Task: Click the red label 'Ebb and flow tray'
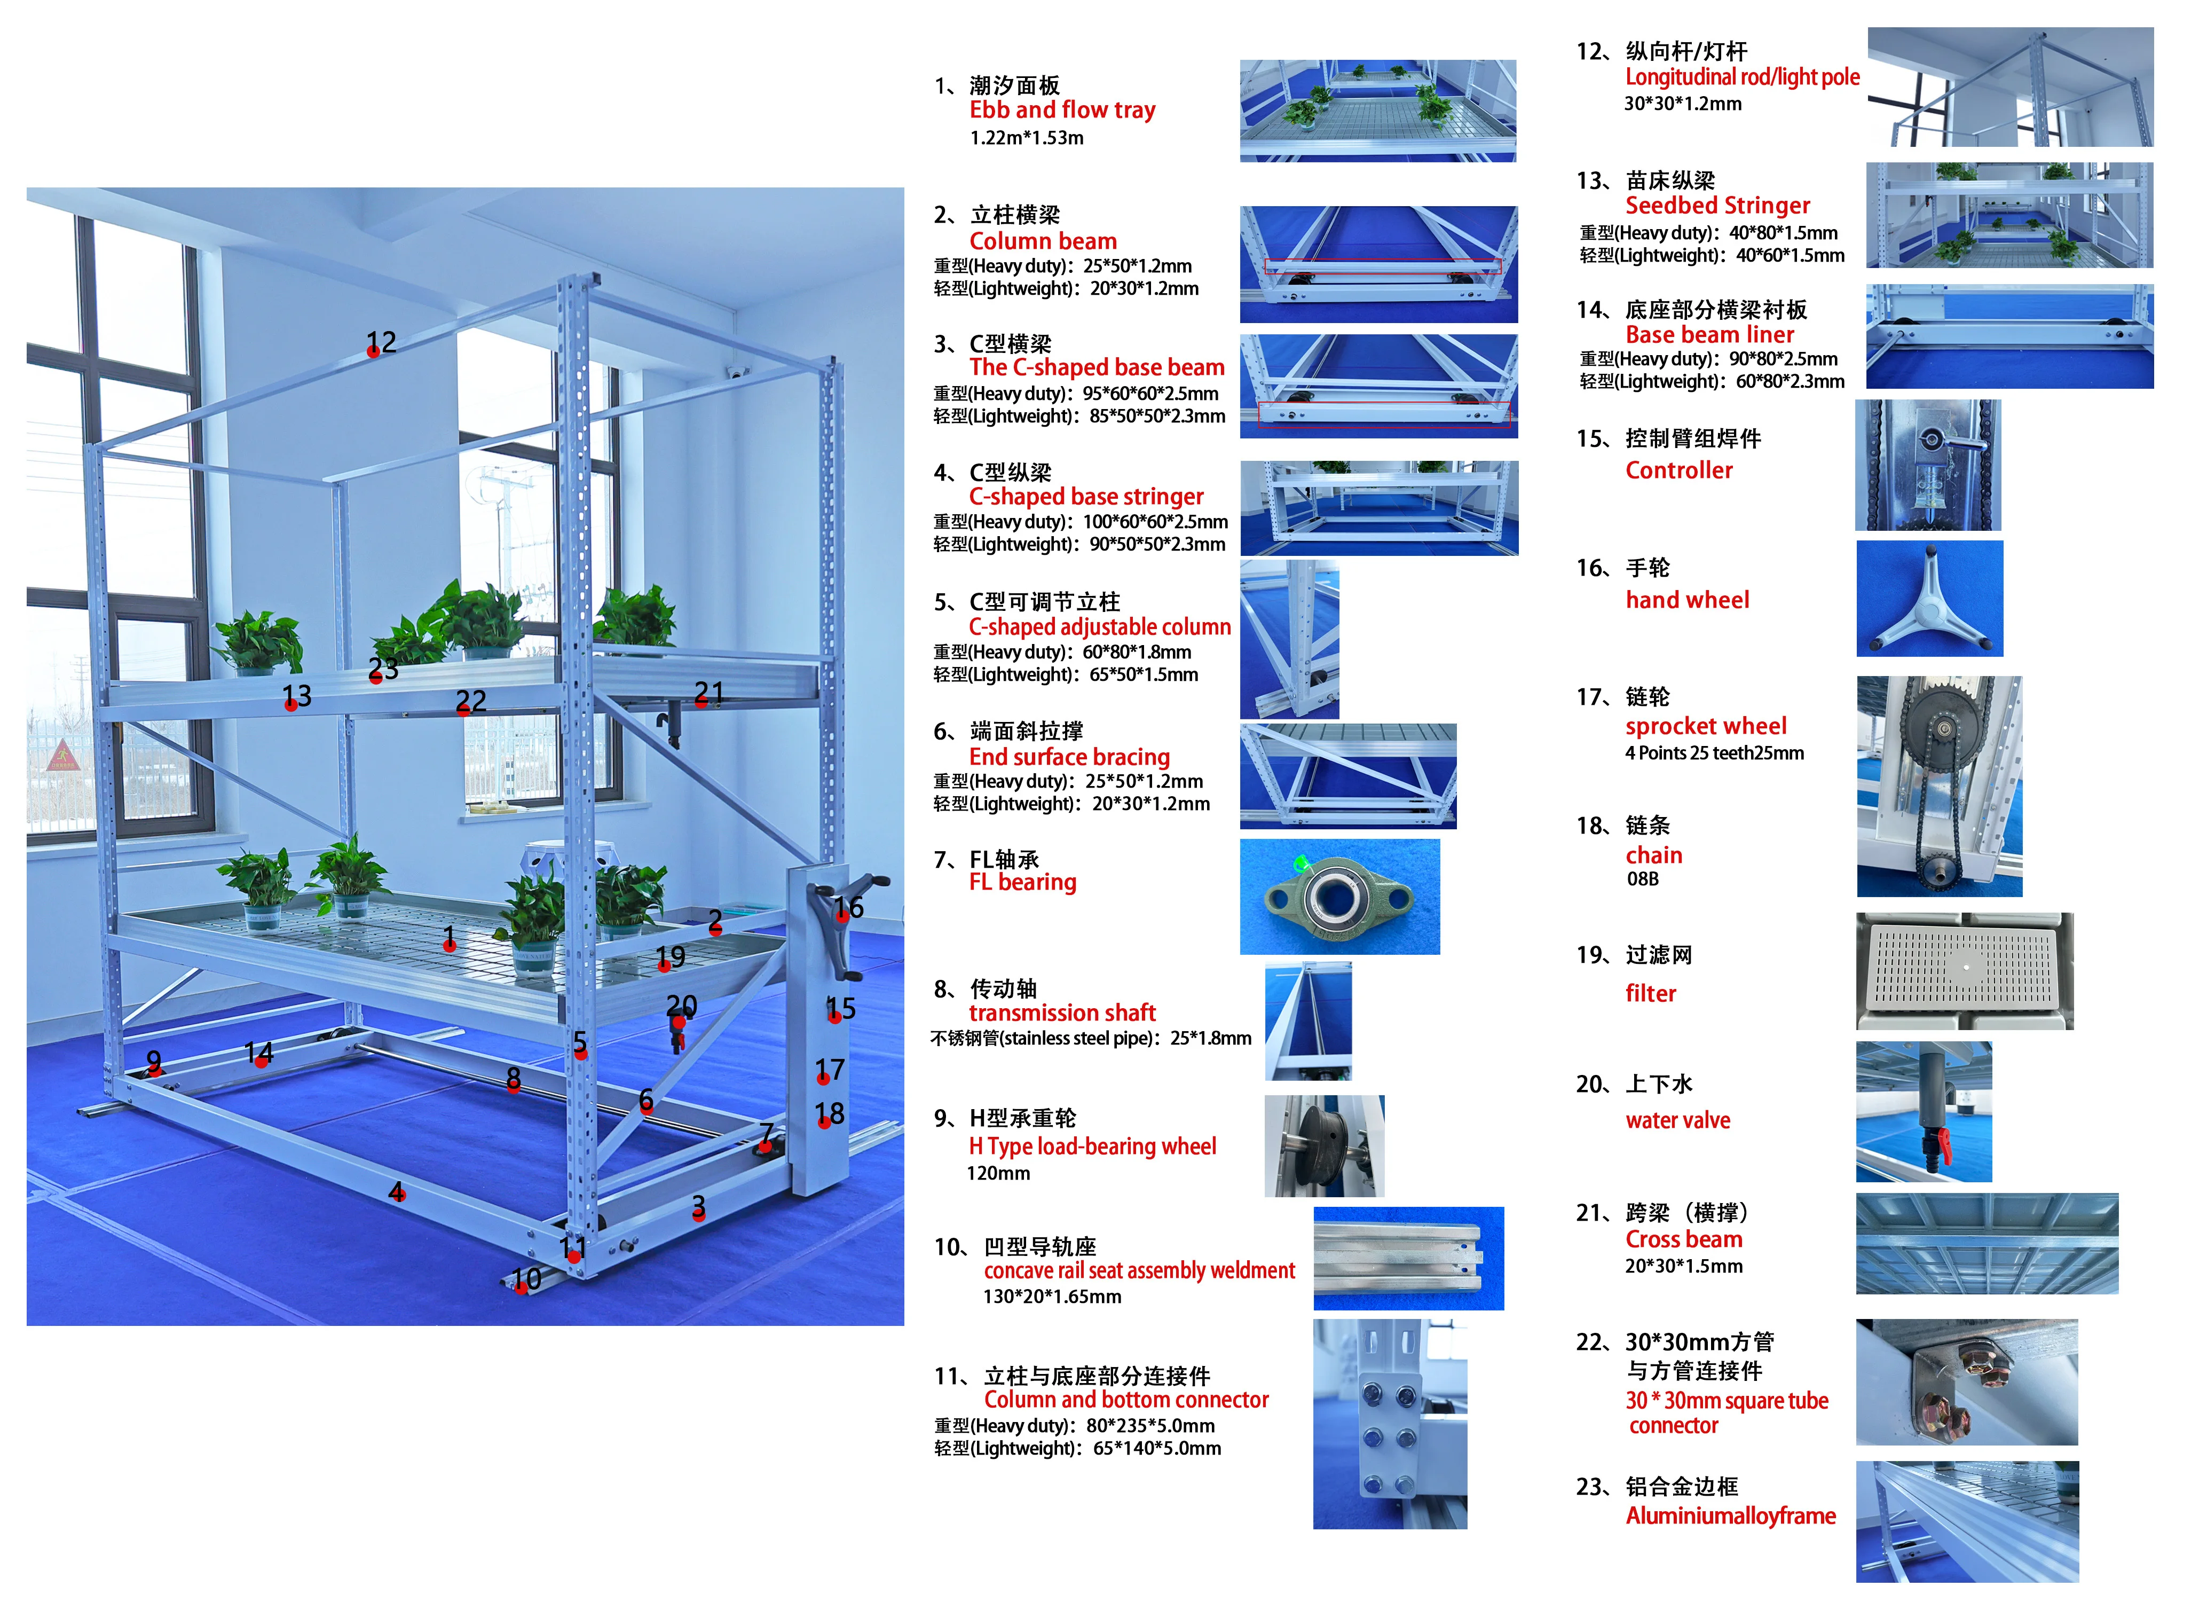(x=1062, y=110)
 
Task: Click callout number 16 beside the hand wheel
(x=848, y=907)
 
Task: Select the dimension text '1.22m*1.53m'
(x=1027, y=138)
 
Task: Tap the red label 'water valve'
(x=1677, y=1120)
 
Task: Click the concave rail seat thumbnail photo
(x=1408, y=1259)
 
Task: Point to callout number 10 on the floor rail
(x=526, y=1278)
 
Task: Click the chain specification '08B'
(x=1643, y=879)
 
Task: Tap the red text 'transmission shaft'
(x=1062, y=1012)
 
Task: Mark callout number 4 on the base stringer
(x=397, y=1191)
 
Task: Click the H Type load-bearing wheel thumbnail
(x=1323, y=1145)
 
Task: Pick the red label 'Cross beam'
(x=1683, y=1239)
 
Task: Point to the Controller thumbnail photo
(x=1928, y=465)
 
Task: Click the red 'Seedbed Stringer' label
(x=1717, y=206)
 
